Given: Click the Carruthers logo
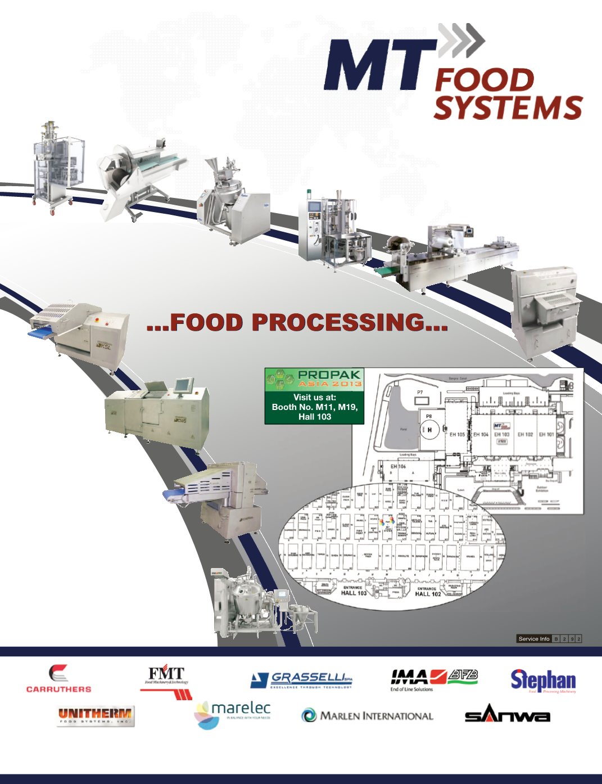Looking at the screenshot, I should coord(58,678).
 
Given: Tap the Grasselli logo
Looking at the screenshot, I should coord(302,679).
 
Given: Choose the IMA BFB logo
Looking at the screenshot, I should coord(433,679).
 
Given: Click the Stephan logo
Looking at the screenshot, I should coord(543,681).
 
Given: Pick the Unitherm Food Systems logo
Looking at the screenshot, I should coord(95,716).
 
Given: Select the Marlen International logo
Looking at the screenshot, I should coord(368,716).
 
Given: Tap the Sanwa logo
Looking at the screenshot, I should coord(507,715).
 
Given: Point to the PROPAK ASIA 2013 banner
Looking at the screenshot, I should coord(314,379).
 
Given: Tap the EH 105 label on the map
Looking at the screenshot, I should coord(457,434).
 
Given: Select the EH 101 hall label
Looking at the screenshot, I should coord(546,434).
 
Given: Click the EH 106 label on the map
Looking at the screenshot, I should coord(398,466).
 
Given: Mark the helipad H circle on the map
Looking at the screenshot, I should coord(430,430).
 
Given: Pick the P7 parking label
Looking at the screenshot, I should coord(420,392).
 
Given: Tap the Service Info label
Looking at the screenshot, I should coord(534,639).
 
